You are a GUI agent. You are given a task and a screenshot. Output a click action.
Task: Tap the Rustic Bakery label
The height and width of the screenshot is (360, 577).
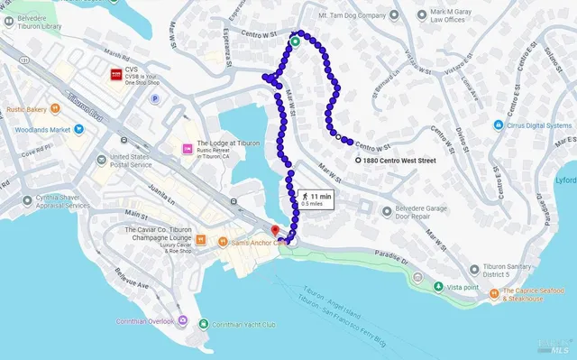[x=24, y=109]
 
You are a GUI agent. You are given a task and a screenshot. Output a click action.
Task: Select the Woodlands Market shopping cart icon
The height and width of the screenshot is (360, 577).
[x=78, y=129]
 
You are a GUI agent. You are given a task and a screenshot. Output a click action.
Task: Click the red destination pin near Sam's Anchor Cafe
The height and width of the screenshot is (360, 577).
[x=276, y=233]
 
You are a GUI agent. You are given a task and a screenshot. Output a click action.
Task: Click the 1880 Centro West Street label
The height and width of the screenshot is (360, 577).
[x=398, y=161]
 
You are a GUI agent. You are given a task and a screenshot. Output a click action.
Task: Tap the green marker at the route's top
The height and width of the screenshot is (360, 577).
[x=295, y=40]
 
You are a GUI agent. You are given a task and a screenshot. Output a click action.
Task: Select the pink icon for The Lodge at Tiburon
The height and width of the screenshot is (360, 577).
[x=188, y=148]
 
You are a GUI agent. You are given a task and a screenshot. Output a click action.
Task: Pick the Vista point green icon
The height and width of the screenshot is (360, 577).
[x=438, y=287]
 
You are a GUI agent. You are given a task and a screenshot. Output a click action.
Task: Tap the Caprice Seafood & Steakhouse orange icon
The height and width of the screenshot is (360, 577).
[x=494, y=293]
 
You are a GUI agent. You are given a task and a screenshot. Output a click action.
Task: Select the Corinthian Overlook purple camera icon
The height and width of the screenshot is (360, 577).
[x=183, y=322]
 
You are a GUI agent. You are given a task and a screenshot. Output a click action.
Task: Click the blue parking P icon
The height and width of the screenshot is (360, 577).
[x=154, y=99]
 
